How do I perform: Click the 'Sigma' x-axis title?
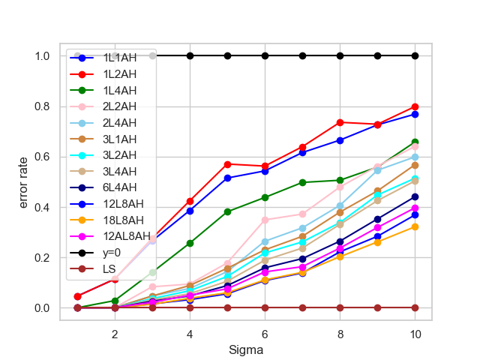246,349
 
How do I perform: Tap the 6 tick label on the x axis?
265,334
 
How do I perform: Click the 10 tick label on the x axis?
415,334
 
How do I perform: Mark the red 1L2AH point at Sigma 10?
415,106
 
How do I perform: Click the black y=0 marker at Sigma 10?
415,55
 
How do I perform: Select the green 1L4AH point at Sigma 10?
415,142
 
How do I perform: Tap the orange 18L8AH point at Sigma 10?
415,226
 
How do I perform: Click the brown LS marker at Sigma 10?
415,307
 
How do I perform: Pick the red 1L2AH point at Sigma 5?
227,163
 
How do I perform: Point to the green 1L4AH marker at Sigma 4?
190,243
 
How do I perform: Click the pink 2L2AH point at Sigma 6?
265,220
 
